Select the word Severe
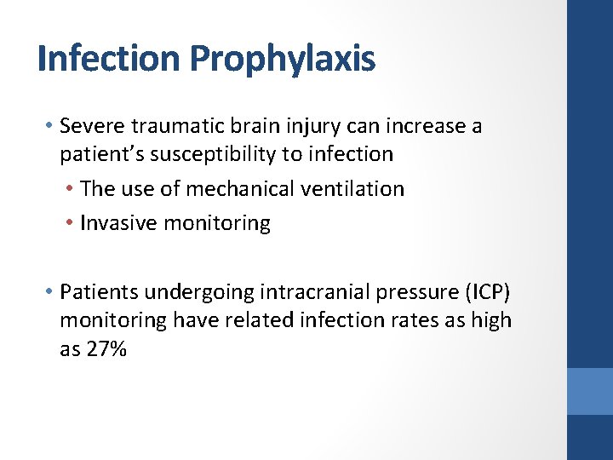coord(91,127)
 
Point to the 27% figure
coord(106,348)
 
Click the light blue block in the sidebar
coord(589,391)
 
